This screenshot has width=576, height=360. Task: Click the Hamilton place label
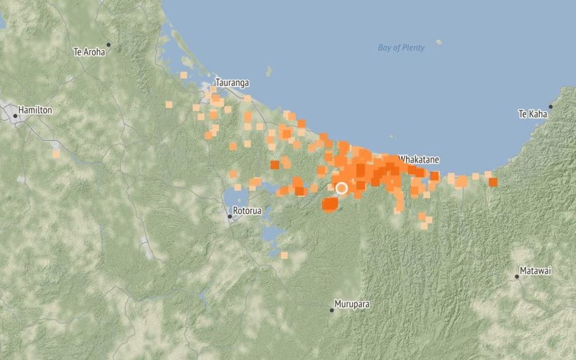click(35, 110)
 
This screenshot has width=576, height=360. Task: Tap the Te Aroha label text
click(88, 52)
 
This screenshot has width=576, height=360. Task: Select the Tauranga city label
click(232, 83)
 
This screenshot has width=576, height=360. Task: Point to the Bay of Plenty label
click(401, 48)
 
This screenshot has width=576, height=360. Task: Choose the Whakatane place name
click(419, 159)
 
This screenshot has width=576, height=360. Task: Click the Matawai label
click(537, 271)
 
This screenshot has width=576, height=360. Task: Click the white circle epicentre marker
click(341, 188)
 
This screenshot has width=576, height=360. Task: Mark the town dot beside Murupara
click(331, 311)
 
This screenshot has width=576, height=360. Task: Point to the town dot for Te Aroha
click(109, 44)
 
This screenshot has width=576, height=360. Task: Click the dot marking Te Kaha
click(550, 107)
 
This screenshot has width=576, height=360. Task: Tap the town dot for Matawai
click(516, 277)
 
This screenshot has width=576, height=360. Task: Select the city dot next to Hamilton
click(15, 116)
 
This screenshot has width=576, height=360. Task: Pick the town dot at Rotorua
click(230, 217)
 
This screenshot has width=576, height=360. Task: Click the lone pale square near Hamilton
click(56, 154)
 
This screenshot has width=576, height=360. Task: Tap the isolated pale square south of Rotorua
click(284, 255)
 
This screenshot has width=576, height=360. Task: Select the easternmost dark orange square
click(493, 182)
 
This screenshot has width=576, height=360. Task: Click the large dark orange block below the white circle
click(330, 205)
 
